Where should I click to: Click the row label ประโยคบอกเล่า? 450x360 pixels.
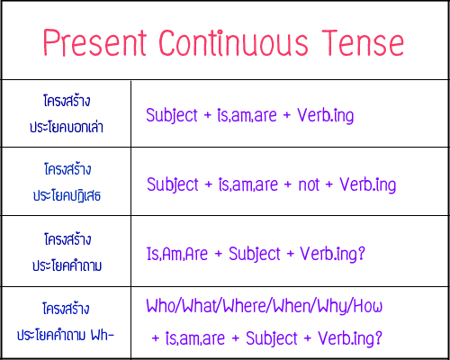66,128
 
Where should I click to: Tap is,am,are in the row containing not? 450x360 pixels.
247,184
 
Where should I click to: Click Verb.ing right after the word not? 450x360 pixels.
368,184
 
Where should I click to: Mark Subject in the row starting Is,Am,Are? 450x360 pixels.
255,254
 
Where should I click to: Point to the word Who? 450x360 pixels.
161,306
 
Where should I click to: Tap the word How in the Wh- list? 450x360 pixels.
368,306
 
